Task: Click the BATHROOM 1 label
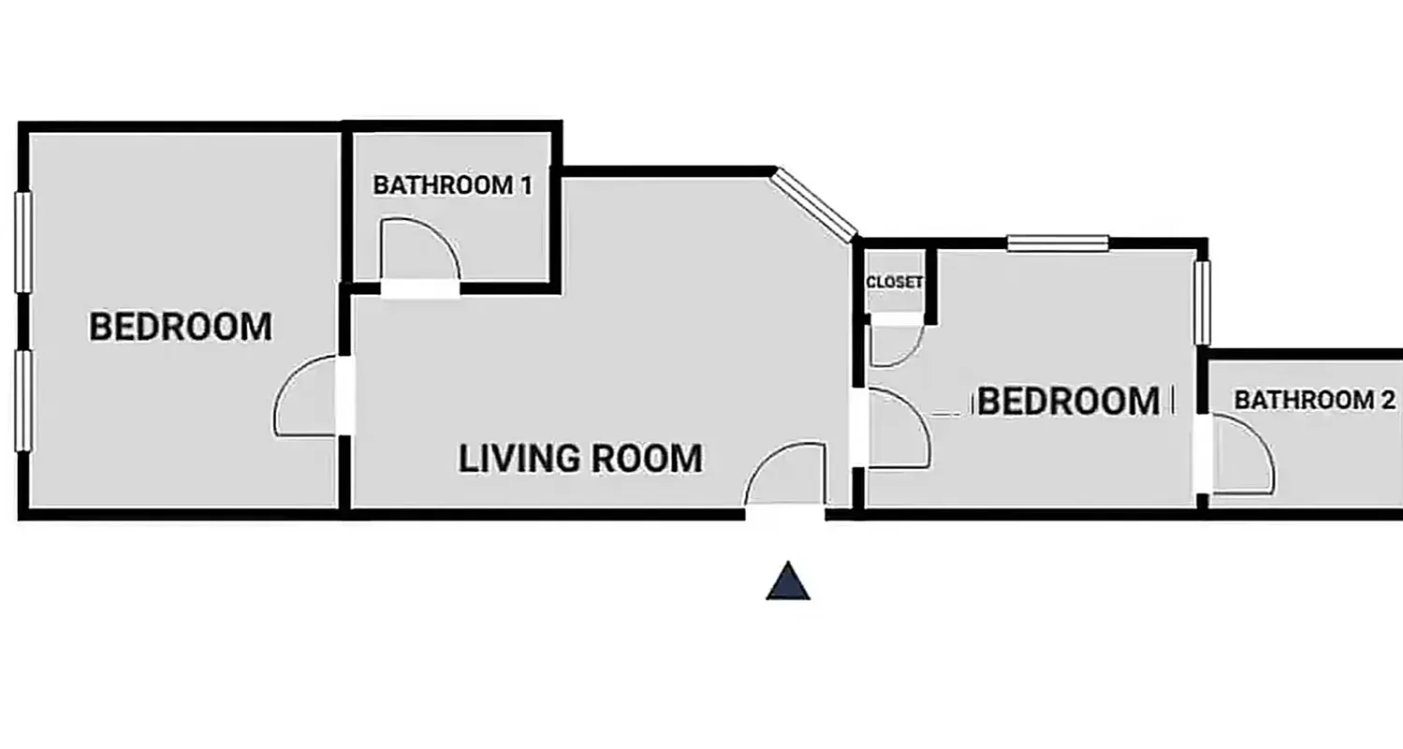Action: tap(452, 185)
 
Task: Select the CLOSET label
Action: tap(895, 282)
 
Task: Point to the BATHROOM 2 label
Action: tap(1314, 400)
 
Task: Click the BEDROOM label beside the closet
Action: tap(1069, 402)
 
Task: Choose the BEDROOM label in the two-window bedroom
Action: tap(181, 327)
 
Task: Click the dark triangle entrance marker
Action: tap(788, 581)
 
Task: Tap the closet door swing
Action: tap(896, 343)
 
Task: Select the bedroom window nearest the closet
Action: tap(1058, 243)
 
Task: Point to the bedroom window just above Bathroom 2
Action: tap(1203, 301)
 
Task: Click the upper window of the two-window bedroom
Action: tap(23, 242)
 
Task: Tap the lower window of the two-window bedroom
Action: tap(23, 401)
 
